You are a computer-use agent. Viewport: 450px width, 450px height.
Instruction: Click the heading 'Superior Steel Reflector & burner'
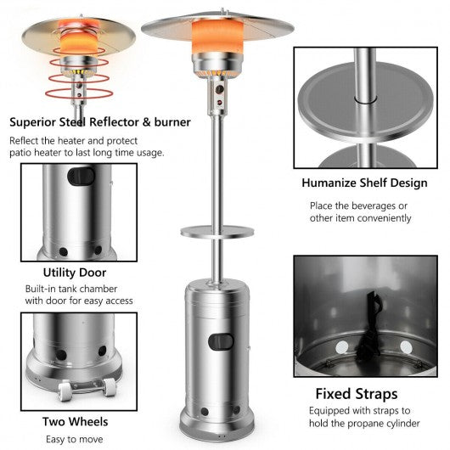point(100,122)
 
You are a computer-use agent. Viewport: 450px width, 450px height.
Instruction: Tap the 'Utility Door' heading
point(75,273)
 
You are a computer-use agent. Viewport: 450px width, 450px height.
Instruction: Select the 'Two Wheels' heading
point(76,422)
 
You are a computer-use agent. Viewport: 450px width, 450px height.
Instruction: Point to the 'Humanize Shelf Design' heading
point(364,183)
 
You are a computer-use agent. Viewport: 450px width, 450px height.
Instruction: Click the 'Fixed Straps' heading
point(357,394)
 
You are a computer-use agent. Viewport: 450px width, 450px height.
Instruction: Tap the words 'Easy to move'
point(75,439)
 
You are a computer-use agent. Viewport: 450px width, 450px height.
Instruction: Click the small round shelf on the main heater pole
point(217,231)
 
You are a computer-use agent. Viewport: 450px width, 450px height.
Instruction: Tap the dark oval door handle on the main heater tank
point(221,342)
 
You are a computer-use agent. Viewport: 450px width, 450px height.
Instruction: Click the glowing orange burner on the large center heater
point(217,35)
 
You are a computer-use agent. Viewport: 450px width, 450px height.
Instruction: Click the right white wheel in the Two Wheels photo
point(110,387)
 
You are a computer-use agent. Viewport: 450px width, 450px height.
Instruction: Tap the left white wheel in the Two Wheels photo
point(65,391)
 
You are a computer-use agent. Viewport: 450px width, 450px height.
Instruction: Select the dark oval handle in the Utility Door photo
point(81,177)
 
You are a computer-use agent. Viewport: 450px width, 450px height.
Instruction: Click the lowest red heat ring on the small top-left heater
point(79,93)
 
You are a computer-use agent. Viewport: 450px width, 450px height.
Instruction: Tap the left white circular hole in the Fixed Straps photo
point(342,347)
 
